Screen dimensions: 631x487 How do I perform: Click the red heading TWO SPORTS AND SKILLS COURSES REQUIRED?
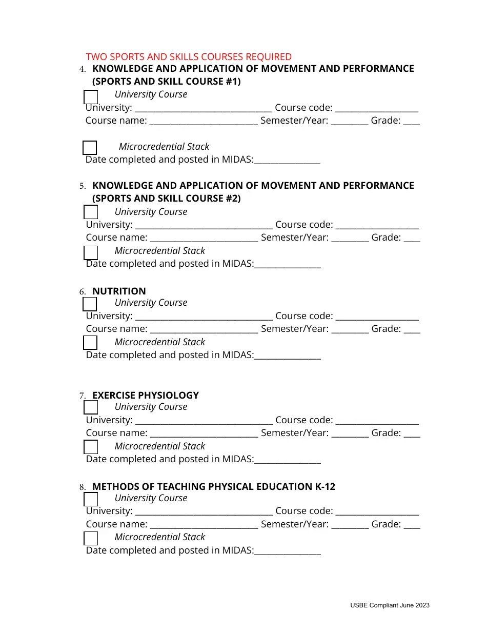[189, 57]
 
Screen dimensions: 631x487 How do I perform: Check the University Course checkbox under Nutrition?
[90, 304]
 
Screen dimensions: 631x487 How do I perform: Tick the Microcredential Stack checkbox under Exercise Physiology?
[91, 447]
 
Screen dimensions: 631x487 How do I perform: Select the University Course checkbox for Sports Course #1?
[91, 97]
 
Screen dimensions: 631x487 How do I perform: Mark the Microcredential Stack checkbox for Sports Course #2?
[91, 253]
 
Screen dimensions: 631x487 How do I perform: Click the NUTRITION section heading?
[119, 291]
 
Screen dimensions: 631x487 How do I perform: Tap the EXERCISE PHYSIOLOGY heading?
[145, 395]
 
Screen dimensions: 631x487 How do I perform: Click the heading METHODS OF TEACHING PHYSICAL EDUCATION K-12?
[213, 486]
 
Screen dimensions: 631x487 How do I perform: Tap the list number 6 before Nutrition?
[82, 292]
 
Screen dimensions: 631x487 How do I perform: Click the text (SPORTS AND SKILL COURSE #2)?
[166, 199]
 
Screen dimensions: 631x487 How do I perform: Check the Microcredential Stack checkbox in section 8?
[91, 538]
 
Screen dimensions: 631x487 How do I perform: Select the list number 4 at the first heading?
[82, 69]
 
